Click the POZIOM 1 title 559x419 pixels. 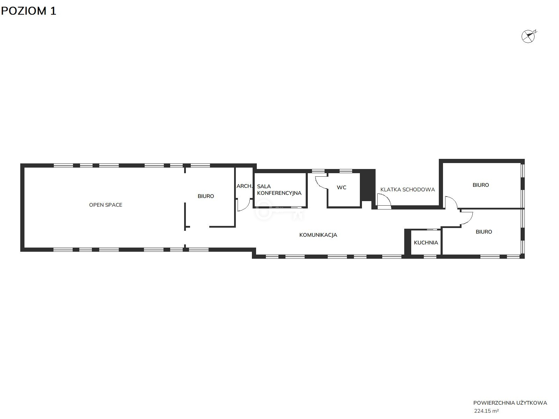point(29,11)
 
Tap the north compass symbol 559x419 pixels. point(529,36)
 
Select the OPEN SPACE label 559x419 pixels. point(106,205)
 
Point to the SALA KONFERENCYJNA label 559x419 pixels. point(279,190)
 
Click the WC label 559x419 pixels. point(341,188)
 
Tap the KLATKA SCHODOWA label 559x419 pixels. point(407,190)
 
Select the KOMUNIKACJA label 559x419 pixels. point(318,235)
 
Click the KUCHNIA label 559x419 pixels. point(426,243)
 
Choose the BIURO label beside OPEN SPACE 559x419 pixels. point(206,196)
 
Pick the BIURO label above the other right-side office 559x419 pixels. point(480,185)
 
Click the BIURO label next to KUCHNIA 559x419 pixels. point(484,232)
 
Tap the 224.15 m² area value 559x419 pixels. point(486,411)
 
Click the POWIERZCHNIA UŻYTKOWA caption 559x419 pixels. point(510,403)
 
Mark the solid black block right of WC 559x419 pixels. point(368,185)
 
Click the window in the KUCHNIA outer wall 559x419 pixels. point(430,257)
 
